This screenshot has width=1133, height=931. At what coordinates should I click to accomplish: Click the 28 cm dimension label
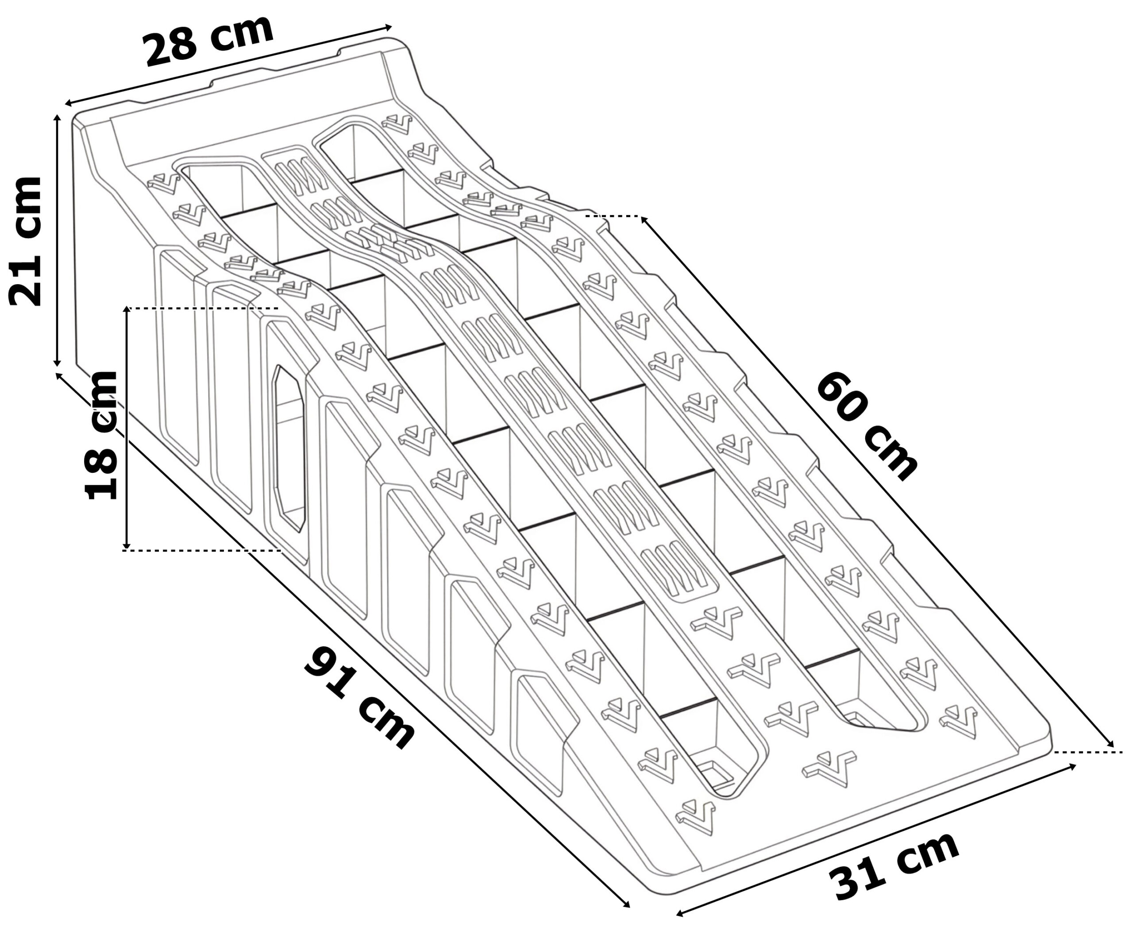point(209,41)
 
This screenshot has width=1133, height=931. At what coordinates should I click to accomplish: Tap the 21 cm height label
point(25,241)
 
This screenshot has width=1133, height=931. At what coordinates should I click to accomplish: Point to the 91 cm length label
point(360,697)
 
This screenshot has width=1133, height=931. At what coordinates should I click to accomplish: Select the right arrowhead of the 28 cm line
point(388,27)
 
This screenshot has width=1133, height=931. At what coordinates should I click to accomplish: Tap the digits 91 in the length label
point(330,670)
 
